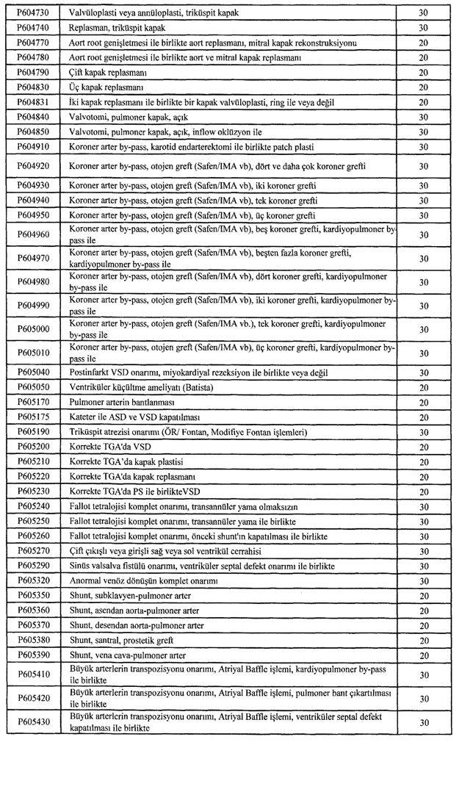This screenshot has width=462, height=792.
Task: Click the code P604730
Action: click(x=32, y=12)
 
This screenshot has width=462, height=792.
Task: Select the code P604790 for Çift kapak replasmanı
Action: click(x=32, y=73)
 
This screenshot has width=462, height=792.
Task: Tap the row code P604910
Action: click(x=32, y=147)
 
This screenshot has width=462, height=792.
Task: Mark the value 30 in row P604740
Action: click(x=423, y=27)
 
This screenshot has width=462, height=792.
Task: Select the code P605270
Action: click(x=32, y=550)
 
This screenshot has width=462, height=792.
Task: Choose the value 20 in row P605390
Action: click(x=423, y=655)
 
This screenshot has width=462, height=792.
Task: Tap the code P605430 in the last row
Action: click(x=32, y=722)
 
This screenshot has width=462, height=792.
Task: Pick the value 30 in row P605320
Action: click(x=423, y=580)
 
